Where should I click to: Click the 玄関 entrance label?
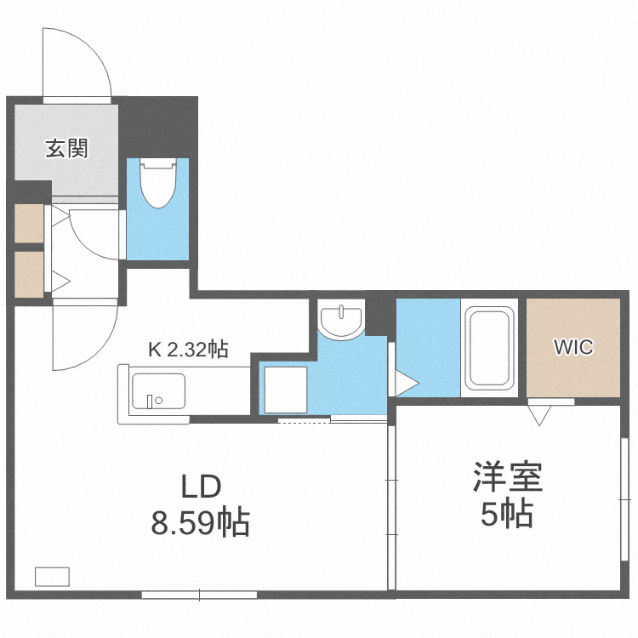[67, 149]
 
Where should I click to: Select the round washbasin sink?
[340, 320]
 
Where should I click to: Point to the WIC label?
[573, 347]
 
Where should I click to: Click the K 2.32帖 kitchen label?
[188, 348]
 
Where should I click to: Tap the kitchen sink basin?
[152, 394]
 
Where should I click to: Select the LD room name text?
[201, 487]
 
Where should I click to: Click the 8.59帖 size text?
[201, 522]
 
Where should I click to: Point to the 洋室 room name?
[508, 478]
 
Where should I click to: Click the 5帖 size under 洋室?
[507, 514]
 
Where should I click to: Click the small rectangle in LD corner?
[52, 576]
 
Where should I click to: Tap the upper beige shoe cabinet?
[28, 223]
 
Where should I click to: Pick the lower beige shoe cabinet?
[28, 273]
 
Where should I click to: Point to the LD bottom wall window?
[199, 593]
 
